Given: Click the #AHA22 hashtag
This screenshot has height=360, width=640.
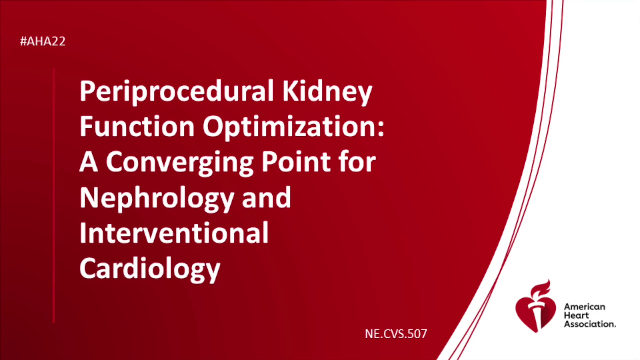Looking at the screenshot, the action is [43, 41].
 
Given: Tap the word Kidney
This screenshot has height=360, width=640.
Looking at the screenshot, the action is [327, 91].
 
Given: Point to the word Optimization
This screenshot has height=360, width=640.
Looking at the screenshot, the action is [290, 127].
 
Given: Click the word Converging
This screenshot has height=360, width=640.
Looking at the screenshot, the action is [180, 162].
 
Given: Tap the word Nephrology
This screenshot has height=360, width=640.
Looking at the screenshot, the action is [157, 198].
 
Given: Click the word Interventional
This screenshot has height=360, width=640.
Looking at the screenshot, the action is [174, 233].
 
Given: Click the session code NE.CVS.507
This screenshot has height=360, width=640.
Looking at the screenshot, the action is [396, 334].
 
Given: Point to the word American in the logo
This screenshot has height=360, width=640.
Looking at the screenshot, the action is [585, 307].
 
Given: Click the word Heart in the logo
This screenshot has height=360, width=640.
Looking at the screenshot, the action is [576, 315].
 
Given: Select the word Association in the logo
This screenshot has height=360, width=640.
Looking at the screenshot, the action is [590, 324].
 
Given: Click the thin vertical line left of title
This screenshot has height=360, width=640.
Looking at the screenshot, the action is [54, 196].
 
